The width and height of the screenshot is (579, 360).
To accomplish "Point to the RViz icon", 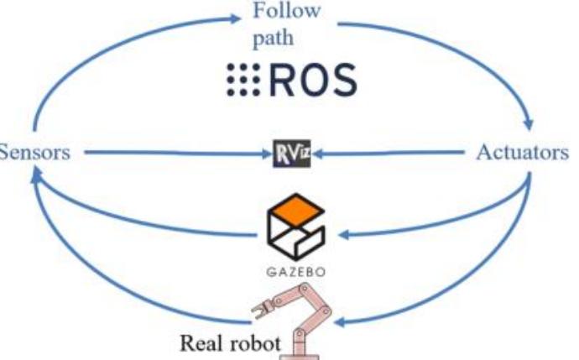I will [x=292, y=154].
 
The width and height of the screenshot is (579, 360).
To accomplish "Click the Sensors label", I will [x=34, y=154].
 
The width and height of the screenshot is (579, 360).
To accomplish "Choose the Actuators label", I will [x=522, y=154].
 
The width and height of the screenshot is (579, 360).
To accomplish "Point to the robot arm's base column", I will [x=299, y=344].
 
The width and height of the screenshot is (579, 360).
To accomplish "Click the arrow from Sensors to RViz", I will [x=168, y=154].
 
